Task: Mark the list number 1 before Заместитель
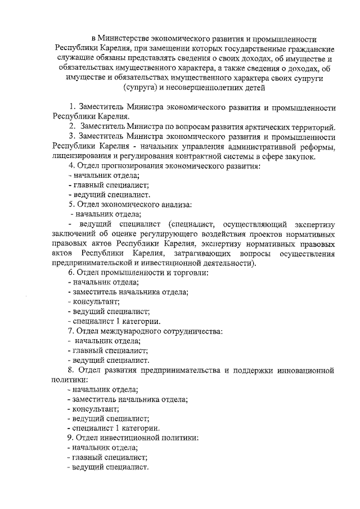point(71,107)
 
